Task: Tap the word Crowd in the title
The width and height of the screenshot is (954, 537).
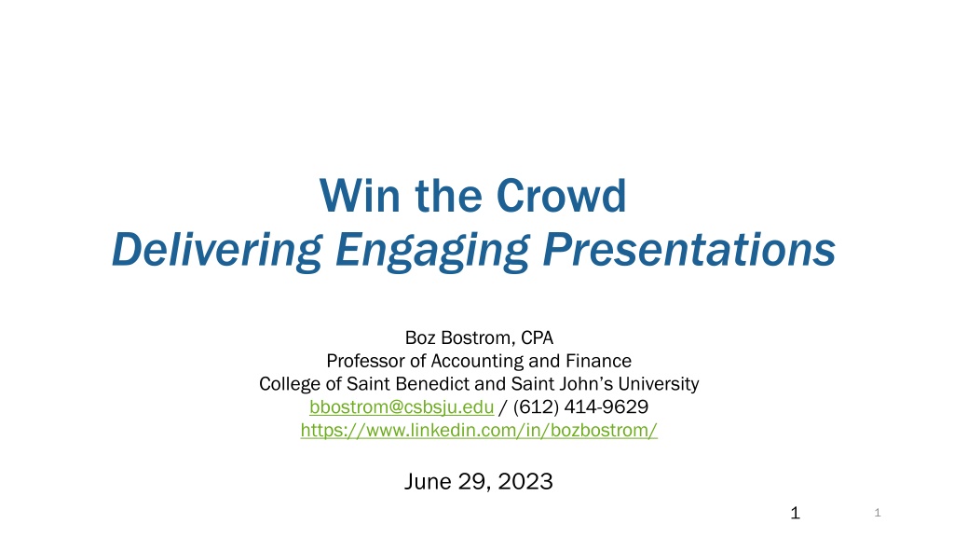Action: [561, 196]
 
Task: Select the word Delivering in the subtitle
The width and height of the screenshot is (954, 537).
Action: [216, 250]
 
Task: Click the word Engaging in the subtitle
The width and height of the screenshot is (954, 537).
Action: [432, 250]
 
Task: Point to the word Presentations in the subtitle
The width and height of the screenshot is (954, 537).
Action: [689, 249]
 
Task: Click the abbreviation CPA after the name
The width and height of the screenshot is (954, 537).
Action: [538, 337]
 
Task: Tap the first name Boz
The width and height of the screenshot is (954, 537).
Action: [420, 337]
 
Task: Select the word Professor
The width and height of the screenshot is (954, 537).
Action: [365, 361]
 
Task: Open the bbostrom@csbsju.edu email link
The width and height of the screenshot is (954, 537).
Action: [402, 406]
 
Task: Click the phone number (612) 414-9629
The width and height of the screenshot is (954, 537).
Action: [580, 406]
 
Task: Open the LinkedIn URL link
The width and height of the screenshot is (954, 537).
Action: [479, 430]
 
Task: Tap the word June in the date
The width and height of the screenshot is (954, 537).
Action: [429, 481]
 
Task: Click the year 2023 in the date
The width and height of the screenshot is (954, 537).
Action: [525, 481]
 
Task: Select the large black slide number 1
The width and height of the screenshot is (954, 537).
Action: [796, 513]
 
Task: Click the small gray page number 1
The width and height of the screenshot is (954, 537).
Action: [878, 513]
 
